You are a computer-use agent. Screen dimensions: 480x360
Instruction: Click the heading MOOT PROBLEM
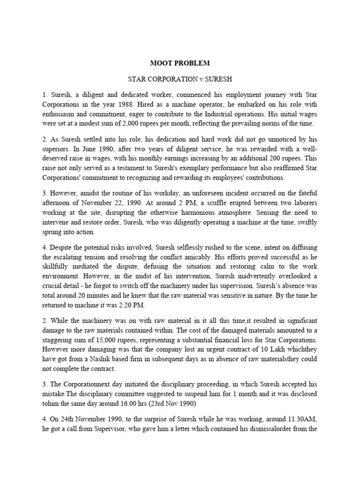click(x=180, y=63)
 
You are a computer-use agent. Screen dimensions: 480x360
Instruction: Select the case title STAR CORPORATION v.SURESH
click(x=180, y=80)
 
